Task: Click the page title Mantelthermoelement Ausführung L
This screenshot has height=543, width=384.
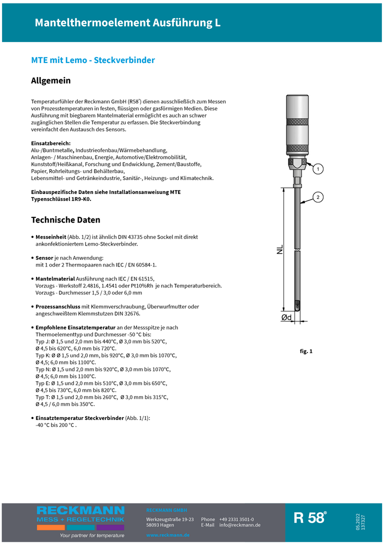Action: (127, 23)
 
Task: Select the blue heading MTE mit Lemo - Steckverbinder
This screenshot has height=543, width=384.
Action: (93, 60)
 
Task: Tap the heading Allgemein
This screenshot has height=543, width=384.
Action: (51, 80)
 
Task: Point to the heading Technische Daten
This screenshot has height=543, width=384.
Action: (65, 220)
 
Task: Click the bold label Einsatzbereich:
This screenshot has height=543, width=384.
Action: (51, 143)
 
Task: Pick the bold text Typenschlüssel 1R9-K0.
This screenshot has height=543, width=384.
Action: (61, 199)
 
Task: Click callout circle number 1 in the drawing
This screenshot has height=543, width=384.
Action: (317, 169)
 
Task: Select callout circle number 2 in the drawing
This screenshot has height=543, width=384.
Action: (317, 197)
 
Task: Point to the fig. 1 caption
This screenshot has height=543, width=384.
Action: (306, 351)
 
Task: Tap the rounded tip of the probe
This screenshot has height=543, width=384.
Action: (298, 306)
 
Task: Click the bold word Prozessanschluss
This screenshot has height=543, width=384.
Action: (58, 306)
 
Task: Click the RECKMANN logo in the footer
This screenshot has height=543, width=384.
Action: (80, 510)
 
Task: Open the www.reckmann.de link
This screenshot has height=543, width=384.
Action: (168, 535)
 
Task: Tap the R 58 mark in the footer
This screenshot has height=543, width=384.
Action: (310, 518)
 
